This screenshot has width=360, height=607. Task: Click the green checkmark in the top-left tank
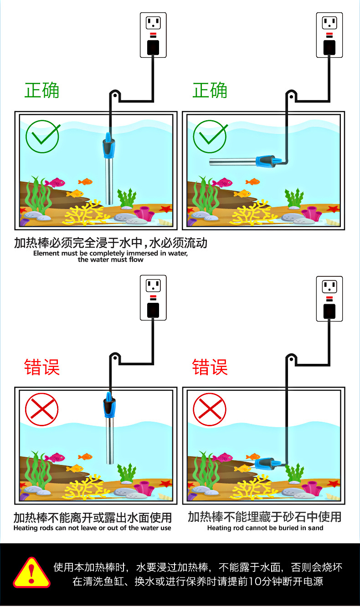[42, 136]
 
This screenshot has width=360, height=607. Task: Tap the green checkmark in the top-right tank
[210, 136]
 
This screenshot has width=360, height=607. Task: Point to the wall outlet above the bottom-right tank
[329, 298]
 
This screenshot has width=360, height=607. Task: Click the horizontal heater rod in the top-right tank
[235, 161]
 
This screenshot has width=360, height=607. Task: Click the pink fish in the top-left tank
[55, 183]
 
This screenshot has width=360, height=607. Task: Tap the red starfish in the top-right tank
[333, 209]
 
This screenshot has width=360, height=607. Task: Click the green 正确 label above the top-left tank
[42, 91]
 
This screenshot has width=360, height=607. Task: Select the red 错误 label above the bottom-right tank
[210, 367]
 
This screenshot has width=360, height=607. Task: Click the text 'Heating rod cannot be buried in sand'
[265, 528]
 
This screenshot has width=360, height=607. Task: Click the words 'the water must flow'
[110, 260]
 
